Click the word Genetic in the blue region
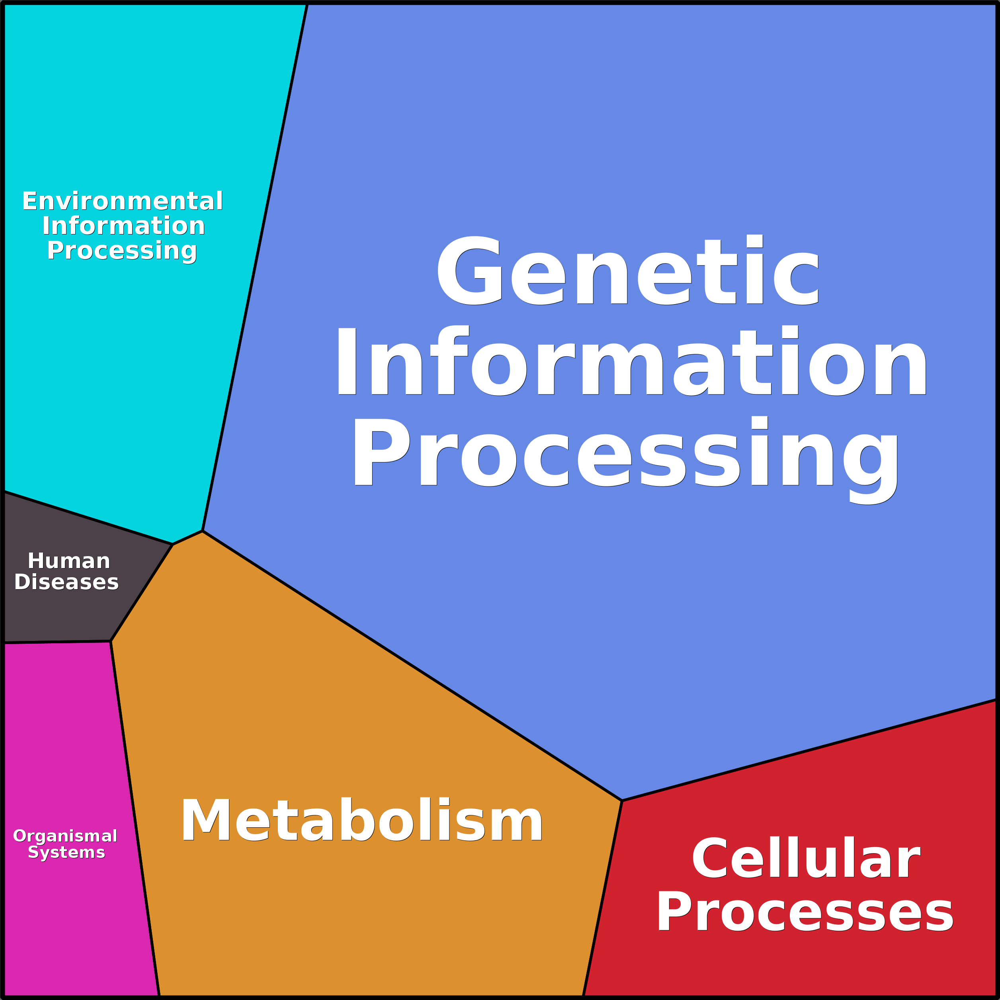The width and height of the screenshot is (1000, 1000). pyautogui.click(x=628, y=271)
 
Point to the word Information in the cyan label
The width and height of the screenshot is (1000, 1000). pyautogui.click(x=124, y=226)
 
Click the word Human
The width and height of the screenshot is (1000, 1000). pyautogui.click(x=69, y=561)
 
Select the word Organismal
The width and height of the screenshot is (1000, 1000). pyautogui.click(x=65, y=836)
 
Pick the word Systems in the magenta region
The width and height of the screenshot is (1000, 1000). pyautogui.click(x=66, y=852)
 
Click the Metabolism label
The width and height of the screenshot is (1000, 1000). pyautogui.click(x=361, y=821)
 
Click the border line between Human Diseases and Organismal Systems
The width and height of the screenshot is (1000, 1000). pyautogui.click(x=57, y=643)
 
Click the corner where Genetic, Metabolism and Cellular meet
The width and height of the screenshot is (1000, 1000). pyautogui.click(x=622, y=801)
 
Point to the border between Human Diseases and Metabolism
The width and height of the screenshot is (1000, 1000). pyautogui.click(x=141, y=593)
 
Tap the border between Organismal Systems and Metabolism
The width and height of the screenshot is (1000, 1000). pyautogui.click(x=135, y=818)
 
